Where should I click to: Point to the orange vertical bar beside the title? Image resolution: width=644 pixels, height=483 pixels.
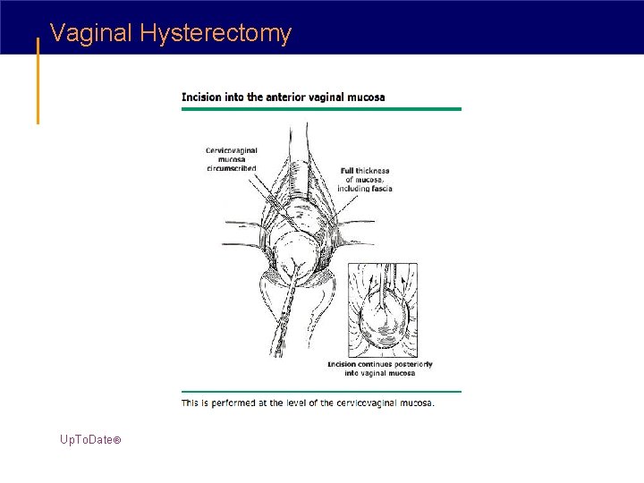38,80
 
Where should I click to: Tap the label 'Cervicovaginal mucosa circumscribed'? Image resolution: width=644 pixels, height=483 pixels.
231,158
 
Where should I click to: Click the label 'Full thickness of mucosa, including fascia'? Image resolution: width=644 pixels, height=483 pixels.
365,179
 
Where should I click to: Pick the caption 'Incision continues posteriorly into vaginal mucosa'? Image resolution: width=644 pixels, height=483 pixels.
379,369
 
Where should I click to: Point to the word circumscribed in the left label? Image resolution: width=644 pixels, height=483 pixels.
231,168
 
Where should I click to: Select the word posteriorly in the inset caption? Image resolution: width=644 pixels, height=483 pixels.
414,364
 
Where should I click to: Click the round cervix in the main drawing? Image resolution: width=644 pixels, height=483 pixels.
300,255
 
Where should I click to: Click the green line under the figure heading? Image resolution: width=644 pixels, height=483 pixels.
321,109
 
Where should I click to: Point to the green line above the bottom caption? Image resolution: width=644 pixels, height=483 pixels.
321,391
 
